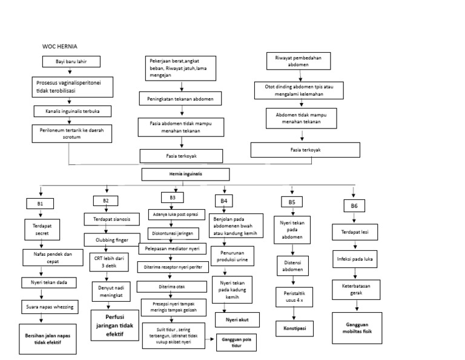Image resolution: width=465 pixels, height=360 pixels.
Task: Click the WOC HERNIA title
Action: pyautogui.click(x=60, y=47)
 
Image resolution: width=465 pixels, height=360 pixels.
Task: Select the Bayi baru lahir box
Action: pyautogui.click(x=70, y=62)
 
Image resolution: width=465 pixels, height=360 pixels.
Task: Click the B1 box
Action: pyautogui.click(x=41, y=204)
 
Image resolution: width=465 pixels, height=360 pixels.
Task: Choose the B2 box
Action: pyautogui.click(x=106, y=200)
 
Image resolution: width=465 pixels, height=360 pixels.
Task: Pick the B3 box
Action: pyautogui.click(x=173, y=196)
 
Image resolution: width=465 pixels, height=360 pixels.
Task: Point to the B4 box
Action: pyautogui.click(x=223, y=201)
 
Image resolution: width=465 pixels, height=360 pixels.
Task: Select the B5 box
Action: pyautogui.click(x=292, y=201)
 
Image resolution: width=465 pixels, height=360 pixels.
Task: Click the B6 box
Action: pyautogui.click(x=354, y=206)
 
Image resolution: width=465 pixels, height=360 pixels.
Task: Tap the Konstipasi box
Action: pyautogui.click(x=294, y=328)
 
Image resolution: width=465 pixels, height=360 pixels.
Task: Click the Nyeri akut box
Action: pyautogui.click(x=237, y=319)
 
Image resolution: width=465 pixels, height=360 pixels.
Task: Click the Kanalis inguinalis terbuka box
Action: pyautogui.click(x=71, y=112)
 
